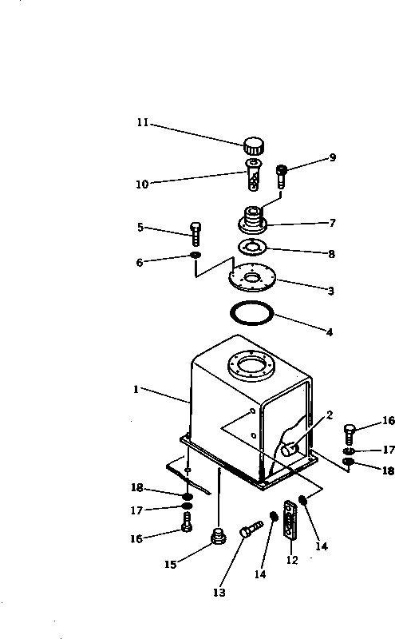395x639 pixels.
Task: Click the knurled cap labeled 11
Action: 254,147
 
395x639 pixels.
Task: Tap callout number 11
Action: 142,123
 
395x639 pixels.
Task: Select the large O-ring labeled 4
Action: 252,312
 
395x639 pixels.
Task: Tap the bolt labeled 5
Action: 196,232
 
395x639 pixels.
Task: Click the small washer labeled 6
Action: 195,256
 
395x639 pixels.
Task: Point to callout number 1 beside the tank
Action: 136,391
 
